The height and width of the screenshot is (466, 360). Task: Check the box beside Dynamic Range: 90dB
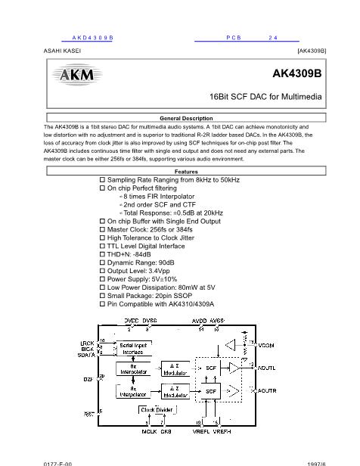(103, 263)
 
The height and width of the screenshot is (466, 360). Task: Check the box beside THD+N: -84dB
(103, 254)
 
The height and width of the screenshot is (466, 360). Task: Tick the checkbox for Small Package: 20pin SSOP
(103, 296)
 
